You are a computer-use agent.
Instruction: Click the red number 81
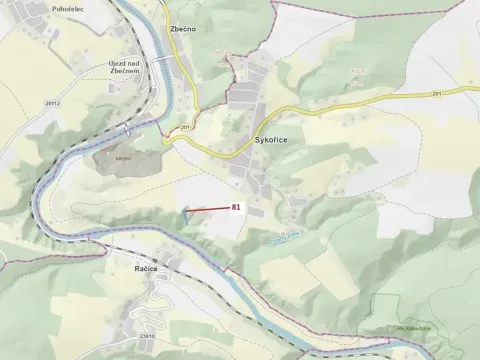(237, 207)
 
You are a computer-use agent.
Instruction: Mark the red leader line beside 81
(209, 209)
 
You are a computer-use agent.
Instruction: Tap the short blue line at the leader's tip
(188, 211)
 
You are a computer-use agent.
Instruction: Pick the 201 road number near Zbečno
(185, 127)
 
